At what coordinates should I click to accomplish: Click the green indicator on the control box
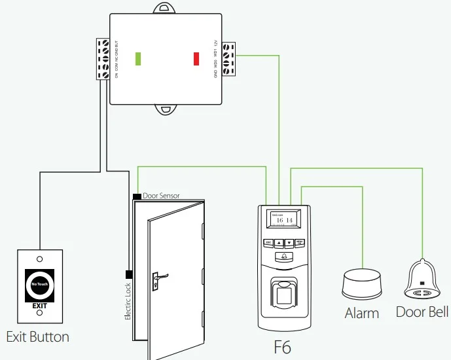click(x=138, y=58)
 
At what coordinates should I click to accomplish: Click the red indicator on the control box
click(x=196, y=58)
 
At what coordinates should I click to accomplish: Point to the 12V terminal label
click(x=216, y=45)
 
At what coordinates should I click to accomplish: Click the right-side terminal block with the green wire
click(x=228, y=58)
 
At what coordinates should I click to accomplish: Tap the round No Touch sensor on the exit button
click(x=39, y=284)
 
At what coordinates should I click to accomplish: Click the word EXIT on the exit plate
click(x=39, y=305)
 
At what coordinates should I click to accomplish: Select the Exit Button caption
click(x=37, y=337)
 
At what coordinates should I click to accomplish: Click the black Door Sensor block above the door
click(x=136, y=196)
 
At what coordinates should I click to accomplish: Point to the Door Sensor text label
click(x=161, y=196)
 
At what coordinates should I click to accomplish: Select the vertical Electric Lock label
click(x=128, y=300)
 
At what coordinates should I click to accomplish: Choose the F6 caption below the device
click(x=282, y=346)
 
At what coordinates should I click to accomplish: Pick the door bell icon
click(x=422, y=280)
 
